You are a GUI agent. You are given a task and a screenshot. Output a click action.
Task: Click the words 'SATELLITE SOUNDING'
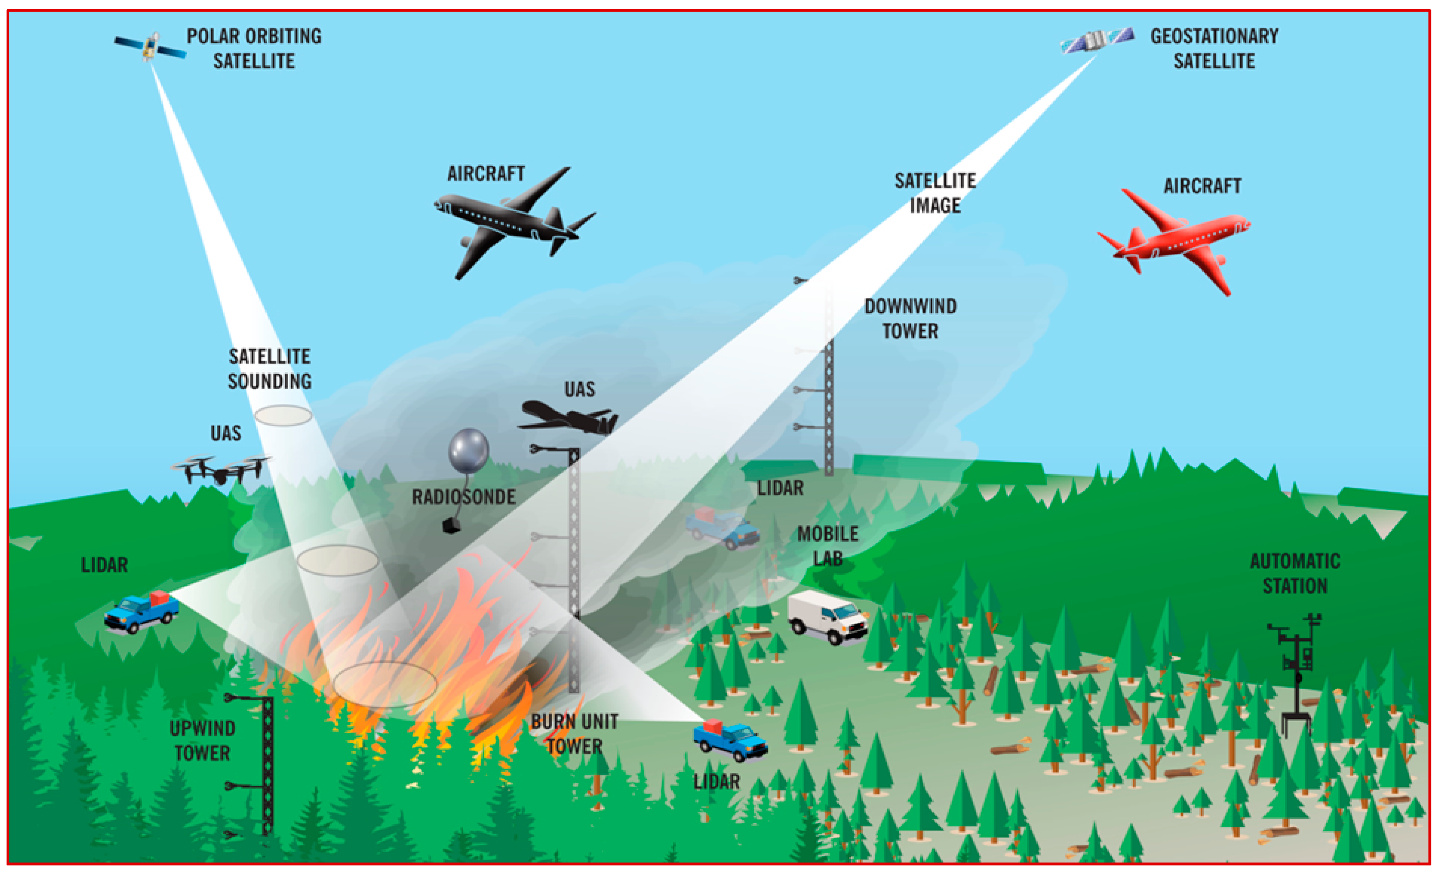(269, 369)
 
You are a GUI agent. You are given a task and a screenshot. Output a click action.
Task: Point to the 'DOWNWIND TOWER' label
(911, 319)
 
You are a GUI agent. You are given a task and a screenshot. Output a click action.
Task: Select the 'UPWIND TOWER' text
(203, 741)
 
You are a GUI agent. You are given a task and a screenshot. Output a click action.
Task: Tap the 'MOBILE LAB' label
(827, 546)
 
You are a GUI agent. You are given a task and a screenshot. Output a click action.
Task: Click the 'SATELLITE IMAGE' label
(935, 193)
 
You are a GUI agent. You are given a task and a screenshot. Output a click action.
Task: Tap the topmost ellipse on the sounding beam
(283, 416)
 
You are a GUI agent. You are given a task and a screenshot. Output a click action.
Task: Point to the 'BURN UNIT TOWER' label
(574, 734)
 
